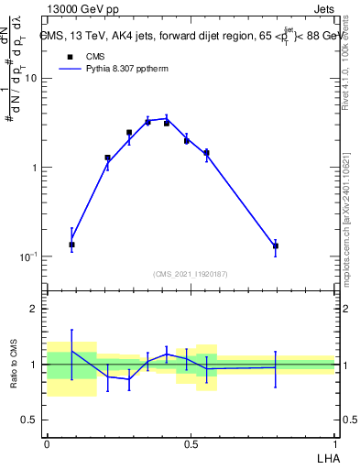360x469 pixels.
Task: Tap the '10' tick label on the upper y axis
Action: pos(29,79)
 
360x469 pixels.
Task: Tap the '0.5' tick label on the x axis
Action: pos(191,442)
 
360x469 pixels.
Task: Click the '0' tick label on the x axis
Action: pos(47,442)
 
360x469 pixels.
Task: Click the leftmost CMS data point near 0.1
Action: pos(72,245)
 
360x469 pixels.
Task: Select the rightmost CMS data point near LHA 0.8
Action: pos(275,245)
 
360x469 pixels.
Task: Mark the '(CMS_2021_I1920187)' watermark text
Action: pos(191,273)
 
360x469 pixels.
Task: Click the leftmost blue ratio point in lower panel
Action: pos(72,351)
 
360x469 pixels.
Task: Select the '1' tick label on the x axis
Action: pos(334,442)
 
